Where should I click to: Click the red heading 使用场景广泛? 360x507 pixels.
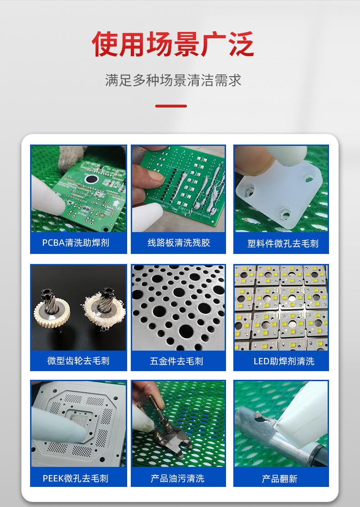click(x=173, y=44)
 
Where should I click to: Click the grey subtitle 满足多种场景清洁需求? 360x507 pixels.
click(x=173, y=80)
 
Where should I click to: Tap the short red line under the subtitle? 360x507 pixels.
click(x=171, y=106)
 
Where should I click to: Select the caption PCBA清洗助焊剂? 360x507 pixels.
click(x=76, y=243)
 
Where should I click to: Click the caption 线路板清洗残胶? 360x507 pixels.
click(x=179, y=243)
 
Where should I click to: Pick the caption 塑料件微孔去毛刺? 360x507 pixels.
click(x=283, y=243)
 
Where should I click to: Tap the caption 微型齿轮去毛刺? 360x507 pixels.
click(x=78, y=361)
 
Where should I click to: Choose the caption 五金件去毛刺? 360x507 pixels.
click(x=176, y=361)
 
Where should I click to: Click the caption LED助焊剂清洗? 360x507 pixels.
click(x=284, y=361)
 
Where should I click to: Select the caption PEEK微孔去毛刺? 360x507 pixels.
click(x=75, y=478)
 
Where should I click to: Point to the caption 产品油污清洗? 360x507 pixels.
click(x=177, y=478)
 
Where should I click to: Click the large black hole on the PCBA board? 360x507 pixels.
click(x=91, y=179)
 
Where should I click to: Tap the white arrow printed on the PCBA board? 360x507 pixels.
click(x=117, y=204)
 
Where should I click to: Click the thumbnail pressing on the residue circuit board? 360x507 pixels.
click(x=152, y=176)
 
